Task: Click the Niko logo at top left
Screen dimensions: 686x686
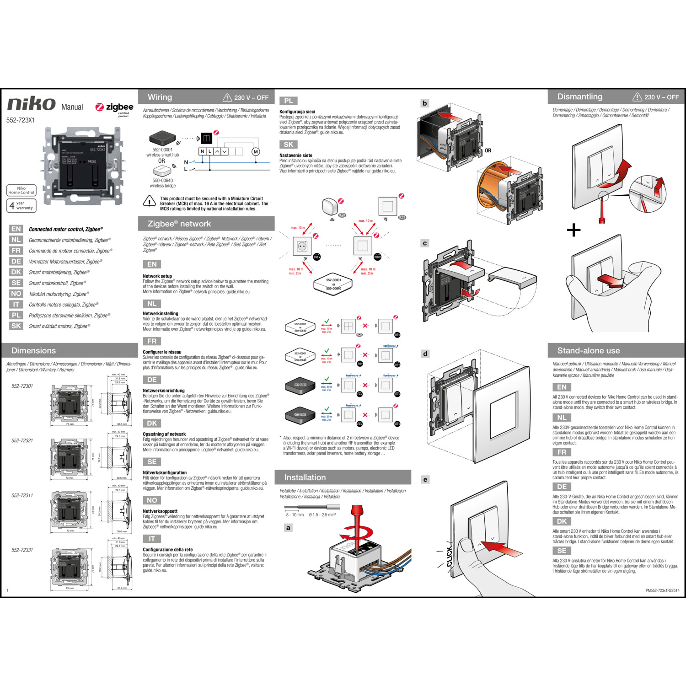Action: tap(31, 104)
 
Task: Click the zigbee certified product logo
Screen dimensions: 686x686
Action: tap(114, 108)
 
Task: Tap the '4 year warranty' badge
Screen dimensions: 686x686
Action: tap(21, 205)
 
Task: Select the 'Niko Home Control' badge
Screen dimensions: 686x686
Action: tap(21, 190)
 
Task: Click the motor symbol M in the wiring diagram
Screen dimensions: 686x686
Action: tap(256, 151)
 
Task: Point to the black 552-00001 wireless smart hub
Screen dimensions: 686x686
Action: tap(162, 138)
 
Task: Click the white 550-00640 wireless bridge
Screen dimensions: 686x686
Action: tap(162, 171)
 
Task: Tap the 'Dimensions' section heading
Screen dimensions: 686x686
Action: tap(33, 351)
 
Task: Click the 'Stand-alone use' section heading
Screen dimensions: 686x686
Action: tap(588, 351)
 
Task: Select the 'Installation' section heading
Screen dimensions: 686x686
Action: tap(305, 477)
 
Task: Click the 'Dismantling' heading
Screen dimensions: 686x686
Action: tap(579, 97)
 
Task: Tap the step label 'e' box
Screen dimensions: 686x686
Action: tap(425, 479)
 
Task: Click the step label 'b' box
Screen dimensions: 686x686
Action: tap(425, 103)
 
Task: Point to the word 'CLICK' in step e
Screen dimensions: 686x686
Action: tap(449, 556)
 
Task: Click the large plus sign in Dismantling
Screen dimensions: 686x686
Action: tap(573, 230)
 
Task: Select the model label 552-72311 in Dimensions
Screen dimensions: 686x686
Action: tap(22, 495)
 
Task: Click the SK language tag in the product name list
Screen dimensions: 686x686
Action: tap(16, 326)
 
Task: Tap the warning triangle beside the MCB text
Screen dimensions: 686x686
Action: tap(150, 201)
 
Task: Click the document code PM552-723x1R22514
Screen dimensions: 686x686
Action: tap(662, 590)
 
